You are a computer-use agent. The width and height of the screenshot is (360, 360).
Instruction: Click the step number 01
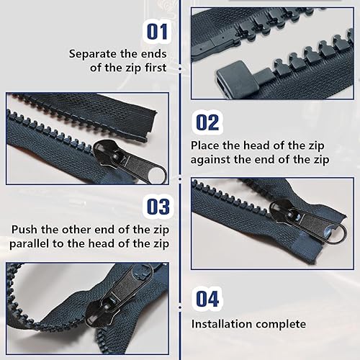point(157,32)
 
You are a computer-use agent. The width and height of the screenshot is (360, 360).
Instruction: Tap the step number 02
point(207,122)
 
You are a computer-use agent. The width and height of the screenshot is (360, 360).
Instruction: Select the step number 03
point(158,207)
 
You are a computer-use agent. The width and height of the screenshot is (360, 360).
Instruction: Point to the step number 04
point(207,299)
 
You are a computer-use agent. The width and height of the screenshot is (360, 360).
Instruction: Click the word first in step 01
point(156,68)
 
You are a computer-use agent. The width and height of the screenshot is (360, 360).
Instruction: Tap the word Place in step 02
point(204,145)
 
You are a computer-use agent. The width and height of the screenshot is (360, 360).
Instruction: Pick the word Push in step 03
point(24,230)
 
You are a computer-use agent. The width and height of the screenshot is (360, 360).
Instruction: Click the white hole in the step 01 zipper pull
point(156,174)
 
